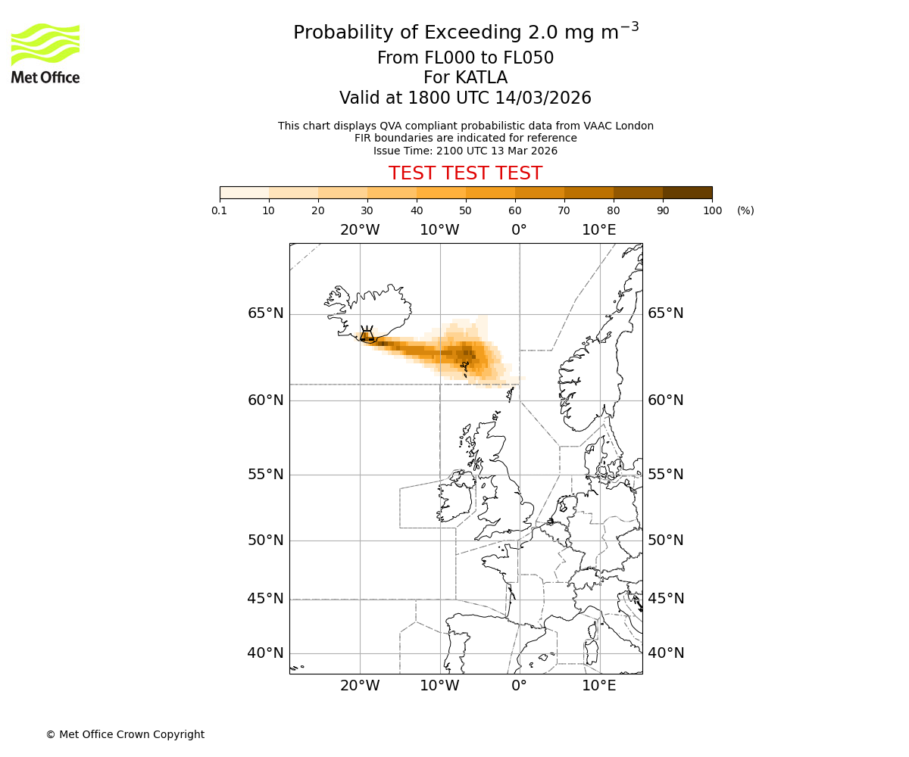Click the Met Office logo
[x=45, y=53]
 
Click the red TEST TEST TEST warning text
[x=465, y=173]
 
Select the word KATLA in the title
[x=482, y=78]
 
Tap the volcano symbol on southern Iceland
[x=367, y=336]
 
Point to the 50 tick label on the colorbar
[x=465, y=210]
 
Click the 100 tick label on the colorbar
[x=712, y=210]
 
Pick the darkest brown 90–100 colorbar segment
[x=687, y=192]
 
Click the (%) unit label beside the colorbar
[x=745, y=210]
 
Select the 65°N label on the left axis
[x=265, y=313]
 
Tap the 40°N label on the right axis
[x=666, y=653]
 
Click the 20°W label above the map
[x=359, y=230]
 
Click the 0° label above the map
[x=519, y=230]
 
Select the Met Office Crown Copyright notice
[x=125, y=734]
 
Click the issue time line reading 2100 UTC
[x=465, y=151]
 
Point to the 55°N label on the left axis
[x=265, y=475]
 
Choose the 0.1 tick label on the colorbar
[x=220, y=210]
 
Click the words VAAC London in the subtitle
[x=619, y=126]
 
